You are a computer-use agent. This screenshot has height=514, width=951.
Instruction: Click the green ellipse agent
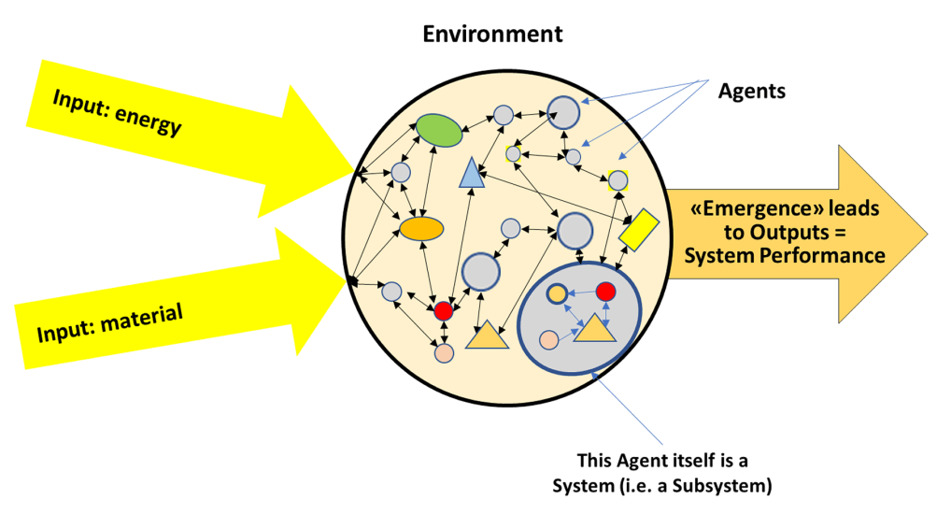pos(439,130)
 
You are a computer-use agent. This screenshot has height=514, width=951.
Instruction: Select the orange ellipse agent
pos(420,227)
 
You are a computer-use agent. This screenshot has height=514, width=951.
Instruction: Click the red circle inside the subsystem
pos(605,292)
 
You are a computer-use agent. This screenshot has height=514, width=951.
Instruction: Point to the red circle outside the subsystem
pos(444,310)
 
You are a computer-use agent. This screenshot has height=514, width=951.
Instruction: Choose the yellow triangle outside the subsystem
pos(487,335)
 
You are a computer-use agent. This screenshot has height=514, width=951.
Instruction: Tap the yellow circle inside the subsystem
pos(557,293)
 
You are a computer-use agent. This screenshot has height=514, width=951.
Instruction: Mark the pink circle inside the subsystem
pos(549,339)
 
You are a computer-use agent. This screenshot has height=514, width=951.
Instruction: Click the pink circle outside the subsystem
pos(445,354)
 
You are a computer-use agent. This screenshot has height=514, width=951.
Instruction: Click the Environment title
pos(492,35)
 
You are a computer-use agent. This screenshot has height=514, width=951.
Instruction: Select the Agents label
pos(751,92)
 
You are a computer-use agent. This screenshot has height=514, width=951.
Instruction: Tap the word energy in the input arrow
pos(151,120)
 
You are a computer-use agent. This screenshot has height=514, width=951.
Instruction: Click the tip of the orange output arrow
pos(925,233)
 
